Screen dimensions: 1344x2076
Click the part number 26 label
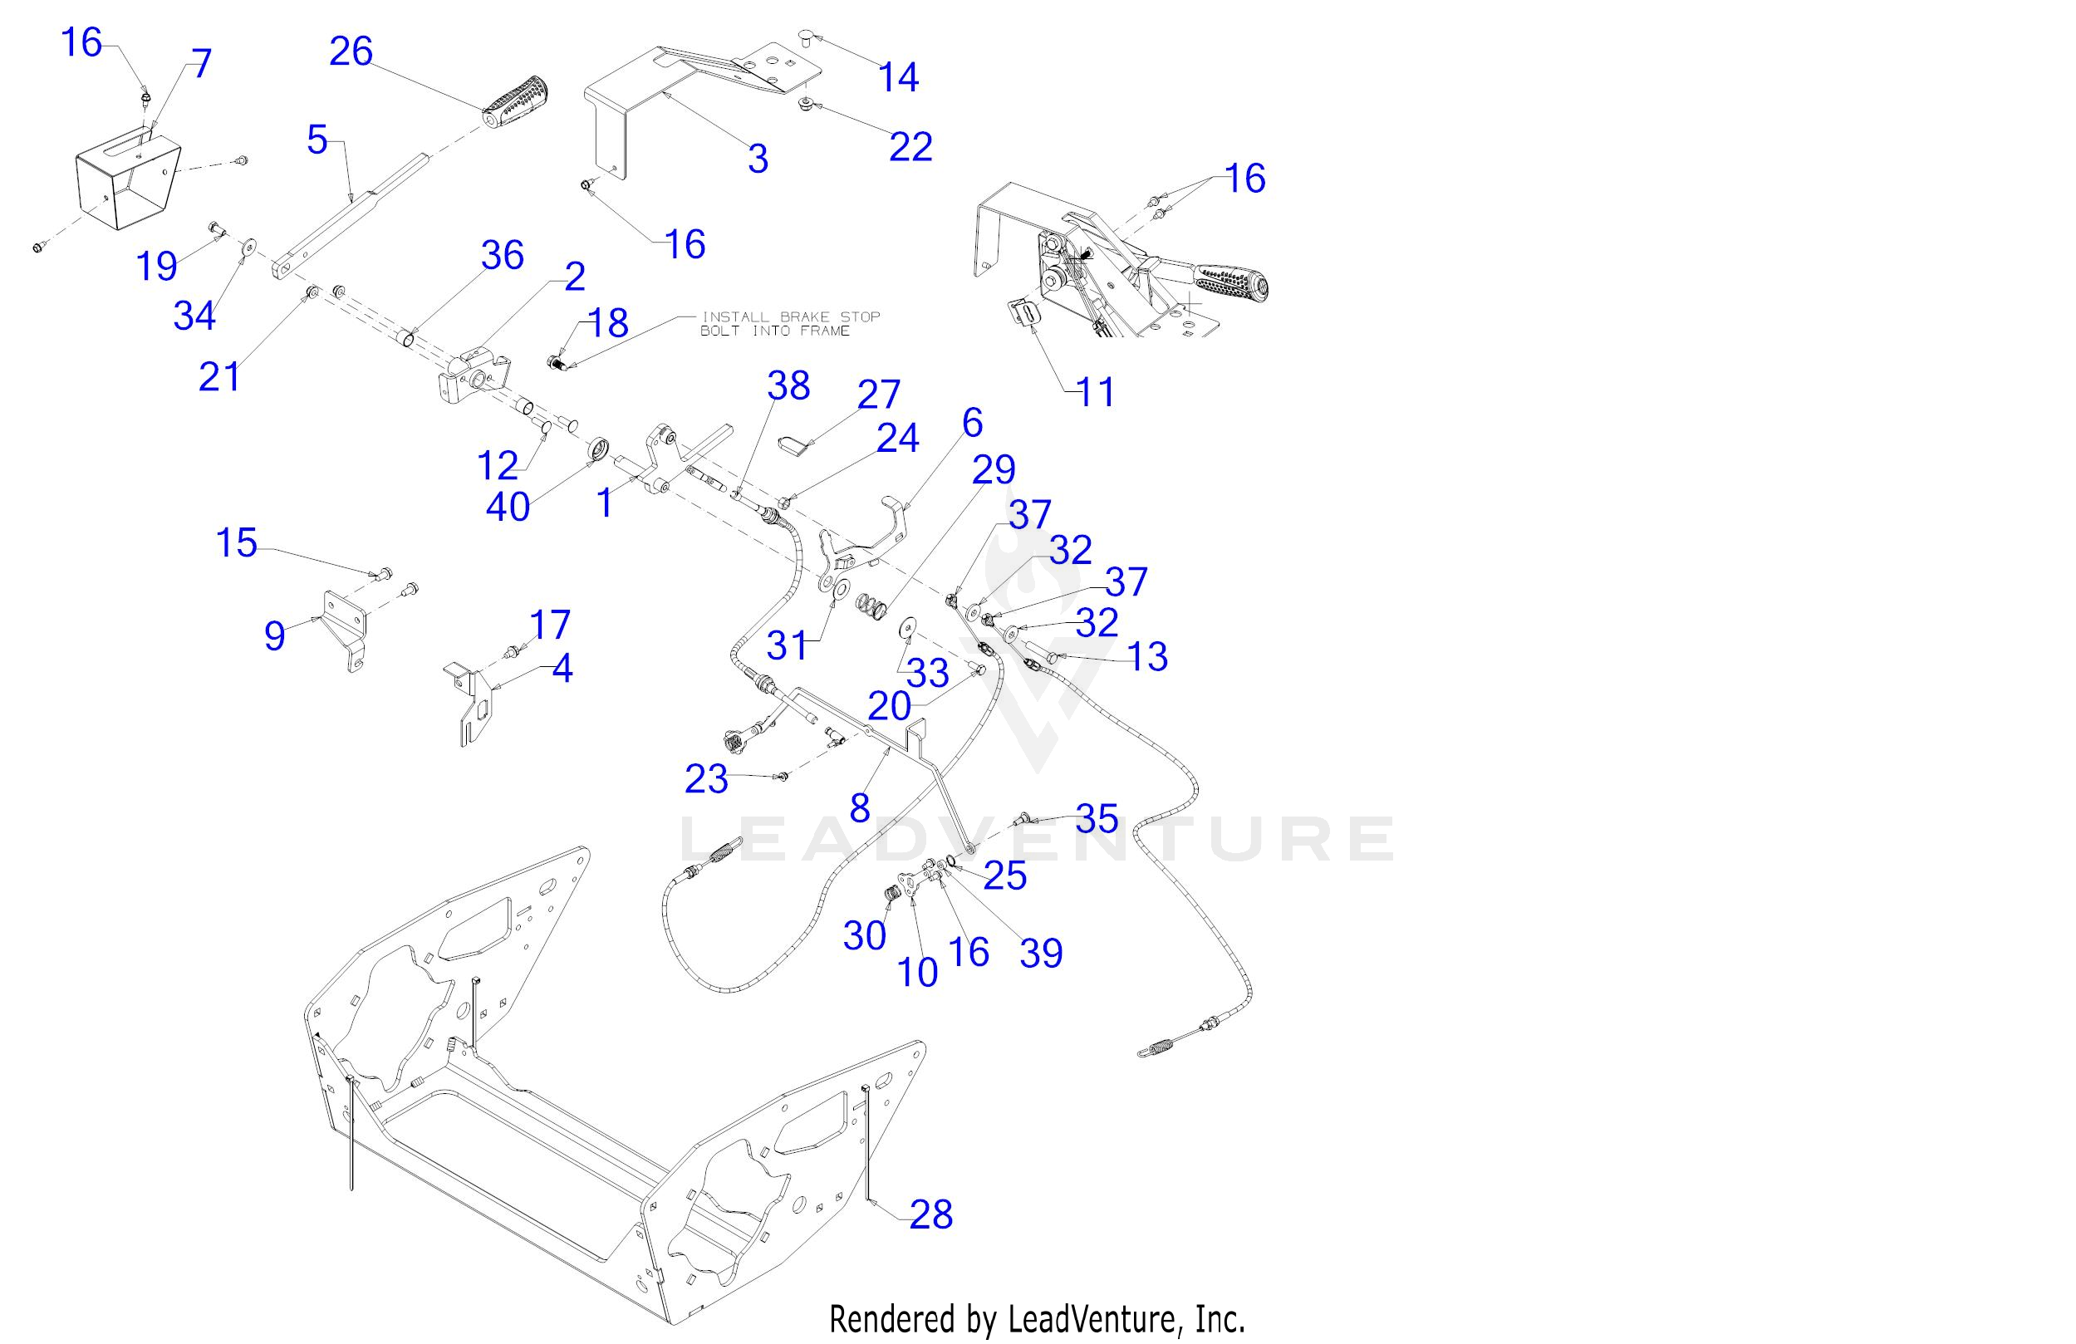[351, 52]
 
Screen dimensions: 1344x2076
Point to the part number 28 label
[930, 1214]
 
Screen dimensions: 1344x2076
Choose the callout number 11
[1096, 392]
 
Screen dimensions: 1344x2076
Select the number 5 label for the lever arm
[317, 140]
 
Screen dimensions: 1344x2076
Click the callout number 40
[508, 507]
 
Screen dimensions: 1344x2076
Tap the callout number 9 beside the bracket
[275, 635]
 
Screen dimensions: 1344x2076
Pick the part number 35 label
[1097, 818]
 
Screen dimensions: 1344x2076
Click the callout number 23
[705, 779]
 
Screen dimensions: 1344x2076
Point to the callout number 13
[1147, 656]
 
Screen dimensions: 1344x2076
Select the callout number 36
[503, 256]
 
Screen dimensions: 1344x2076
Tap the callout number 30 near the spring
[865, 936]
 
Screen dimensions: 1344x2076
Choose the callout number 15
[237, 542]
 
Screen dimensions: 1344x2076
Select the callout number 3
[758, 159]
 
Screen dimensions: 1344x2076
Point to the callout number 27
[878, 395]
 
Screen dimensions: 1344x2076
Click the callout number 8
[860, 808]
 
